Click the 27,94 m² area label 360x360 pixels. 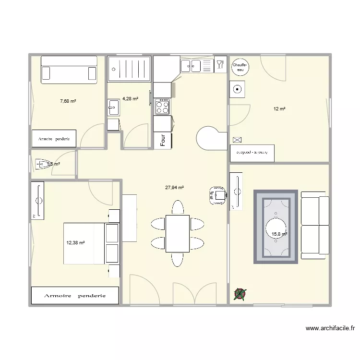pyautogui.click(x=175, y=188)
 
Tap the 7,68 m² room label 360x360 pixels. pyautogui.click(x=68, y=101)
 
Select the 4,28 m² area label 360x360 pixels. pyautogui.click(x=130, y=99)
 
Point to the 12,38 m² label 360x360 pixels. pyautogui.click(x=75, y=243)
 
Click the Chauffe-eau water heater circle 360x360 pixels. pyautogui.click(x=239, y=67)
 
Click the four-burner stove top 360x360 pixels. pyautogui.click(x=163, y=107)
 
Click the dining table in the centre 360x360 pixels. pyautogui.click(x=177, y=233)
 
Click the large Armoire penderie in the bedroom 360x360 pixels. pyautogui.click(x=75, y=295)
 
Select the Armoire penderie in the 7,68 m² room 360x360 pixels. pyautogui.click(x=54, y=139)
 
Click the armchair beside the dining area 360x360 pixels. pyautogui.click(x=217, y=195)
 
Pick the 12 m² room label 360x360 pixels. pyautogui.click(x=279, y=109)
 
